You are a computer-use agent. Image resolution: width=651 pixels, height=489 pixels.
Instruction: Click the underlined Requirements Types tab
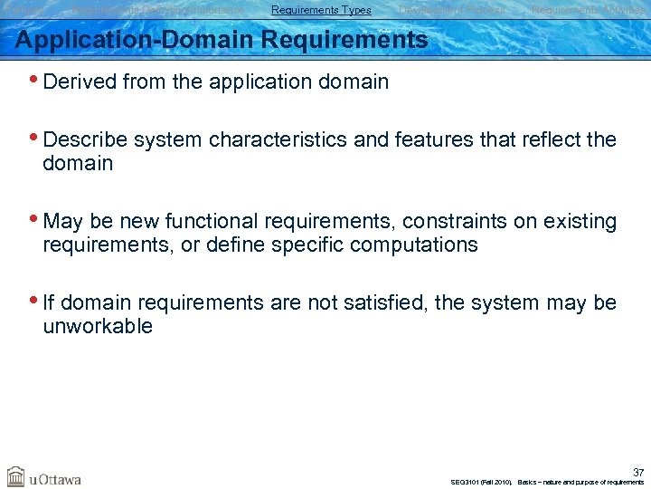pos(321,10)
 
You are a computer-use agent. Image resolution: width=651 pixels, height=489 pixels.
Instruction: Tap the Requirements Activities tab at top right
pos(588,10)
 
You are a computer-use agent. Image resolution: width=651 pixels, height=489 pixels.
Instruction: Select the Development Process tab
pos(452,10)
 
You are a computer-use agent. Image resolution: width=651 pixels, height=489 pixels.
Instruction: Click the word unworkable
pos(98,327)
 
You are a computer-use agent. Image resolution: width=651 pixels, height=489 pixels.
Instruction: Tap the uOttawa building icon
pos(15,476)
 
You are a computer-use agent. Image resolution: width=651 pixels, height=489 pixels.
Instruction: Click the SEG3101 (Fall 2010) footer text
pos(480,482)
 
